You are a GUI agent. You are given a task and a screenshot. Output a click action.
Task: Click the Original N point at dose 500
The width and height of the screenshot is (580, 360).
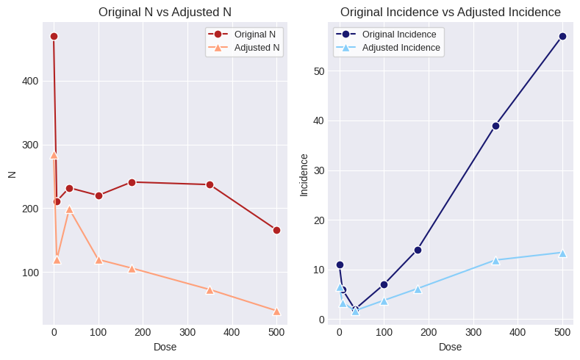(276, 230)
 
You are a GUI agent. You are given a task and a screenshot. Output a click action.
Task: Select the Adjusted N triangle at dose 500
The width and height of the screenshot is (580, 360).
(276, 312)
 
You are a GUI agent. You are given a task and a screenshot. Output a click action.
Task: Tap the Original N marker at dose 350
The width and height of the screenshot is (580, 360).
(210, 184)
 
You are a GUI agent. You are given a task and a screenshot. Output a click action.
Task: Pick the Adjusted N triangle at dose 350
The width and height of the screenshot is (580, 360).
(210, 290)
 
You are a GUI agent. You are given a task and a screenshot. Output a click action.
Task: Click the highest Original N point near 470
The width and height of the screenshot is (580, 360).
(54, 36)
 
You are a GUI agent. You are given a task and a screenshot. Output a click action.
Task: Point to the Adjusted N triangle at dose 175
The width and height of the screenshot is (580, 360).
(132, 269)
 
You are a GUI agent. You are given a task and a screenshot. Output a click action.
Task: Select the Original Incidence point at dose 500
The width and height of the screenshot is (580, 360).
(562, 36)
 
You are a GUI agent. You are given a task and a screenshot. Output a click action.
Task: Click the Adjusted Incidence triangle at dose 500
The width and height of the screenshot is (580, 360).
(562, 253)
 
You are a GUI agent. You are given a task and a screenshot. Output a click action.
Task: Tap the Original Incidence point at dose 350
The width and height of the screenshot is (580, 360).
(495, 126)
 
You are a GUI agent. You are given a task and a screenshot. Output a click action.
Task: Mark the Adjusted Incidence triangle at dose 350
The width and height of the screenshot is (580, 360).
(495, 260)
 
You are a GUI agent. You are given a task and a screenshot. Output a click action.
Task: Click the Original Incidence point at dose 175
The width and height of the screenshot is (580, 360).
(418, 250)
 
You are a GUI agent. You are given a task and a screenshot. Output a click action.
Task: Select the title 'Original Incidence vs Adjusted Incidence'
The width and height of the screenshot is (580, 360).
(451, 12)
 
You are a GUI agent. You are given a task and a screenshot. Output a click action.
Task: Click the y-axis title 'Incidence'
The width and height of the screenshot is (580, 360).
(304, 174)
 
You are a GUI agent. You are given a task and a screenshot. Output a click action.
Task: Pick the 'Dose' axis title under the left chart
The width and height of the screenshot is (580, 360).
(165, 347)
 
